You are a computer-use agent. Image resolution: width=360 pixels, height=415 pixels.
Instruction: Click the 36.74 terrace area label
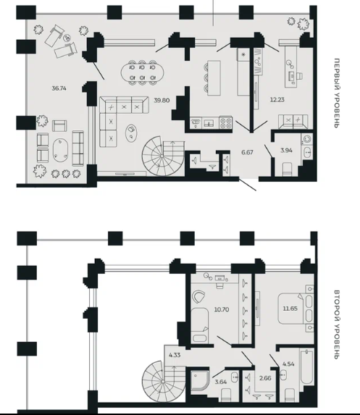(x=59, y=88)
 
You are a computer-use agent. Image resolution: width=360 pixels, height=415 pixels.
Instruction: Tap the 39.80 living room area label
(x=162, y=100)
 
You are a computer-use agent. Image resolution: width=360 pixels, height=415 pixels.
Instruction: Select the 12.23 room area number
(x=277, y=100)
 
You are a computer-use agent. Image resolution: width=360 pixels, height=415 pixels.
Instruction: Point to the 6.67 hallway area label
(x=247, y=152)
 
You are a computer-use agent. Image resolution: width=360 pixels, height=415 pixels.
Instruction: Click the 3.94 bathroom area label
(x=286, y=151)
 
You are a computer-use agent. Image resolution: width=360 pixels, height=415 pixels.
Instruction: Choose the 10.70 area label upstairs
(x=222, y=309)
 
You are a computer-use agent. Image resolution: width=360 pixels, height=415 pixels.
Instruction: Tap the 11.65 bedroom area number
(x=290, y=309)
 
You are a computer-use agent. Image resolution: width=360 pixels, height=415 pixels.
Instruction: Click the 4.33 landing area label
(x=175, y=355)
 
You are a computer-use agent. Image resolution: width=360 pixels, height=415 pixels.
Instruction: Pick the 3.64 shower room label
(x=221, y=382)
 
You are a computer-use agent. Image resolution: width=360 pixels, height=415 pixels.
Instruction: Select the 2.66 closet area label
(x=265, y=378)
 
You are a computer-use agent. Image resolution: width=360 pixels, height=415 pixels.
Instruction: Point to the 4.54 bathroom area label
(x=288, y=364)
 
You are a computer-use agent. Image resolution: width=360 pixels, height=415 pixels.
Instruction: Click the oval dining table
(x=142, y=72)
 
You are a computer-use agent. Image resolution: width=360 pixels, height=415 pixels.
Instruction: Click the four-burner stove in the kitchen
(x=225, y=122)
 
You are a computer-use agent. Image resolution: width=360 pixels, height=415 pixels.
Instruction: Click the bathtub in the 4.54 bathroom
(x=306, y=366)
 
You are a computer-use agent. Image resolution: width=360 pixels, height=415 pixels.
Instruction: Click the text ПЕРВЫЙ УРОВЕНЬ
(x=336, y=93)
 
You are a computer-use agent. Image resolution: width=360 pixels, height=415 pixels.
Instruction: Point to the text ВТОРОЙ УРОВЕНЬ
(x=336, y=324)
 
